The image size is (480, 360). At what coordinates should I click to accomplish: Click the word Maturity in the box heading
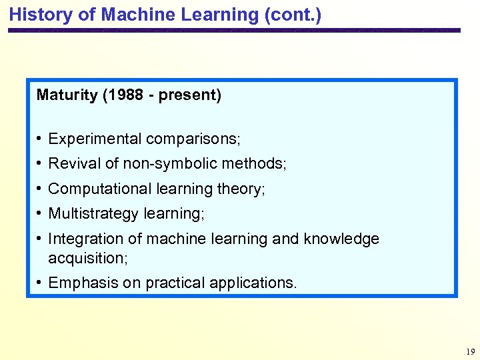pos(67,95)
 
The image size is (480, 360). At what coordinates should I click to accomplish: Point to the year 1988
pos(123,95)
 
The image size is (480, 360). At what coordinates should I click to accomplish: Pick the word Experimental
pos(95,139)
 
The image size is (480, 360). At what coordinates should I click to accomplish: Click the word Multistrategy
pos(93,214)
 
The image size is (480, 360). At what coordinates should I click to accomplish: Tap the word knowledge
pos(341,239)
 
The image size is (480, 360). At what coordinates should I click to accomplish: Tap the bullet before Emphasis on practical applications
pos(41,282)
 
